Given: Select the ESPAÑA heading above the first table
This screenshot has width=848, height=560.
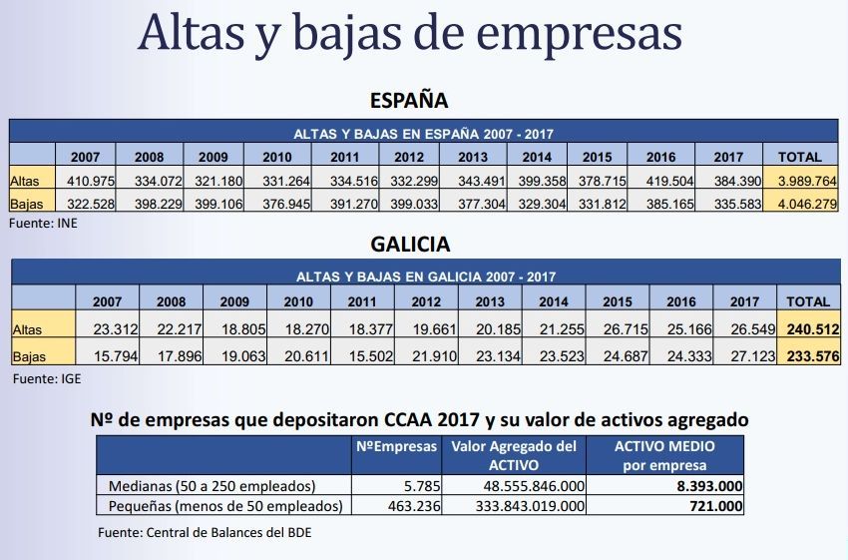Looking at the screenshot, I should click(x=409, y=100).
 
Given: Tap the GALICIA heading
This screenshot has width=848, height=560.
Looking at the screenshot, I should click(x=410, y=244).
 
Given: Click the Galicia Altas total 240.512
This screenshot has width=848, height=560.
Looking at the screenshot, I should click(x=809, y=328).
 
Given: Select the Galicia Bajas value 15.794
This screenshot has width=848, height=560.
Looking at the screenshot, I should click(x=109, y=354).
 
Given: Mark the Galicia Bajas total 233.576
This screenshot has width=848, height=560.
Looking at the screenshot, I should click(x=809, y=354).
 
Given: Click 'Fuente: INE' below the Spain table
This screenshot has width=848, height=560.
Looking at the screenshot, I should click(x=43, y=225).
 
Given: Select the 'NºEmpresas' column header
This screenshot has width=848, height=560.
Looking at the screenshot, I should click(x=396, y=447).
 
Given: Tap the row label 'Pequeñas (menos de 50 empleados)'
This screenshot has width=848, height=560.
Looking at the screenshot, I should click(x=225, y=506).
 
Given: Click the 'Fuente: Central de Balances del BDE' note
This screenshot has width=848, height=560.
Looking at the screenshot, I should click(x=205, y=532).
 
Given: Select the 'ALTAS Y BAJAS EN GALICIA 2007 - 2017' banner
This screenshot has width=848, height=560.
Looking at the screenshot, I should click(x=426, y=277).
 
